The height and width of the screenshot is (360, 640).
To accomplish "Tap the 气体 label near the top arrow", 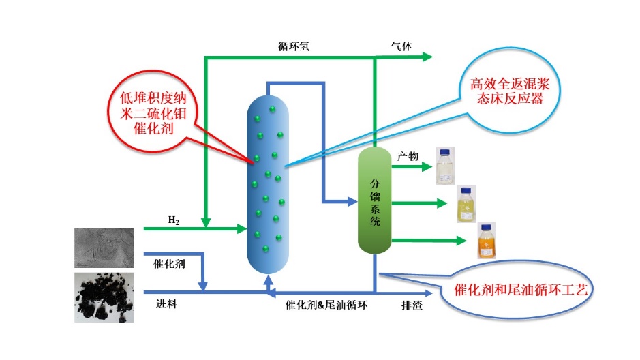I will pyautogui.click(x=401, y=46).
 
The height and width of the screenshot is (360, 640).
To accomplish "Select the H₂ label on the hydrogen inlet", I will pyautogui.click(x=174, y=220).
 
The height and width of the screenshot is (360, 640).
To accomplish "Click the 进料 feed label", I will pyautogui.click(x=167, y=304).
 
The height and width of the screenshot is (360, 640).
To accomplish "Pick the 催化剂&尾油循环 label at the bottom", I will pyautogui.click(x=326, y=305).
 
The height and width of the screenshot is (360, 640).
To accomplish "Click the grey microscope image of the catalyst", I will pyautogui.click(x=104, y=247).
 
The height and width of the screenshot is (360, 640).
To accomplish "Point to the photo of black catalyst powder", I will pyautogui.click(x=104, y=297).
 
